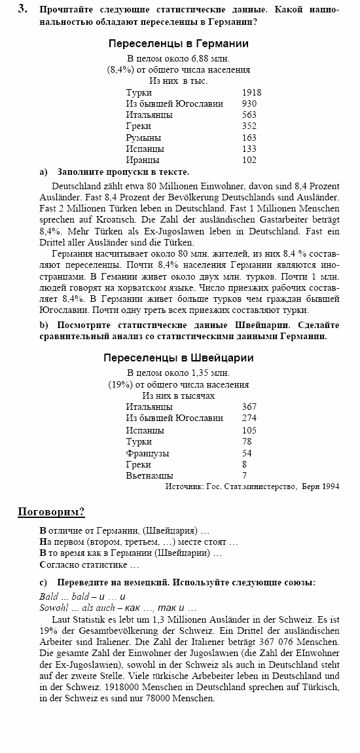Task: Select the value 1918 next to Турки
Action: tap(251, 92)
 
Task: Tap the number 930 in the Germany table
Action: tap(249, 103)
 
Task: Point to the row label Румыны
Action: tap(143, 138)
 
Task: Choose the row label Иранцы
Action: tap(143, 160)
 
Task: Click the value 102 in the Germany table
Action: tap(249, 160)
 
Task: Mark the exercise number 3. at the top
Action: tap(23, 9)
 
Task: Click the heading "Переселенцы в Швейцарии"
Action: tap(179, 358)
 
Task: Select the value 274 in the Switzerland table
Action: tap(249, 418)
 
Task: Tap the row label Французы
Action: tap(147, 453)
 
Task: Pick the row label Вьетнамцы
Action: tap(149, 475)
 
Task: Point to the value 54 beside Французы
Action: tap(247, 453)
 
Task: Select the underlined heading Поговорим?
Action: tap(51, 511)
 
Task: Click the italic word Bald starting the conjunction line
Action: tap(48, 596)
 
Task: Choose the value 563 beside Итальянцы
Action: tap(249, 115)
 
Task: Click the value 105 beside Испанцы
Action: tap(249, 430)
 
